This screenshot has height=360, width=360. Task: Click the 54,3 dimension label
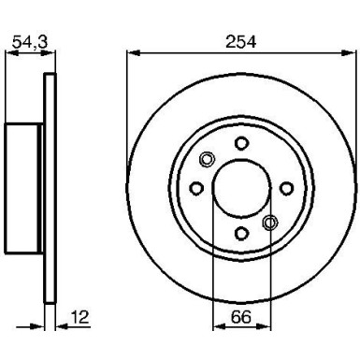click(x=23, y=41)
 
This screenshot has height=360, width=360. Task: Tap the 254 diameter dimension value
click(x=240, y=41)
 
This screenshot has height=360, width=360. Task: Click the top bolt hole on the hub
click(x=240, y=143)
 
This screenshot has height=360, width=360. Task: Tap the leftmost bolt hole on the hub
click(x=195, y=188)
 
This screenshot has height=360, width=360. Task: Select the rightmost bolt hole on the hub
click(x=286, y=188)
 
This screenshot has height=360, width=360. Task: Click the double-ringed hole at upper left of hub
click(x=209, y=157)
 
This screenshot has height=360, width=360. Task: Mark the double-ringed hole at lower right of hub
click(x=271, y=221)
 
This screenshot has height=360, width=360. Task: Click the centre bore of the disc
click(x=240, y=188)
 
